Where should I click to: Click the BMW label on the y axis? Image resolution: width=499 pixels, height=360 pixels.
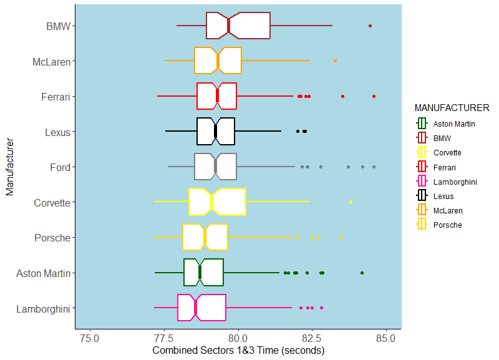[58, 26]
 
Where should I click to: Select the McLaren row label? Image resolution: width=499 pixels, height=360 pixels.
[51, 62]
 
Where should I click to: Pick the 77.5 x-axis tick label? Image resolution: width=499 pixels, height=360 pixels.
[164, 338]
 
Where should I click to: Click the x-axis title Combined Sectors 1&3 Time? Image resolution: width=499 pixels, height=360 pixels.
[238, 351]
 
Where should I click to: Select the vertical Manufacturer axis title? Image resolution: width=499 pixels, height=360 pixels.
[10, 167]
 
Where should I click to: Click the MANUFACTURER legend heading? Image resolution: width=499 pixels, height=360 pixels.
[452, 108]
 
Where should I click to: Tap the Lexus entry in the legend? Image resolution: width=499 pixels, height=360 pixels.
[443, 196]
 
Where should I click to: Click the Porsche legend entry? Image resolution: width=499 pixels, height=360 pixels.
[447, 225]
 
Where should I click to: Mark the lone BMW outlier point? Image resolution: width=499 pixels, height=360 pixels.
[370, 26]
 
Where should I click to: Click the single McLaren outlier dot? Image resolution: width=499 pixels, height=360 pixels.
[335, 61]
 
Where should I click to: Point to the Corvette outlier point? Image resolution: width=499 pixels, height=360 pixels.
[351, 202]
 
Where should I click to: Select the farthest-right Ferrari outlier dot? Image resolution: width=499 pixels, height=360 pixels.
[374, 96]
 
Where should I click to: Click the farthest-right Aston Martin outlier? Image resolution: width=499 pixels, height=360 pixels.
[362, 273]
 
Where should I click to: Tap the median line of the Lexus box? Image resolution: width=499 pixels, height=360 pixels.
[215, 131]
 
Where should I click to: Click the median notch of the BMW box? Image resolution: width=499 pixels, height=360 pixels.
[229, 26]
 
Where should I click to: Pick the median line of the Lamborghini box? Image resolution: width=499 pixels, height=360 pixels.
[195, 308]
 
